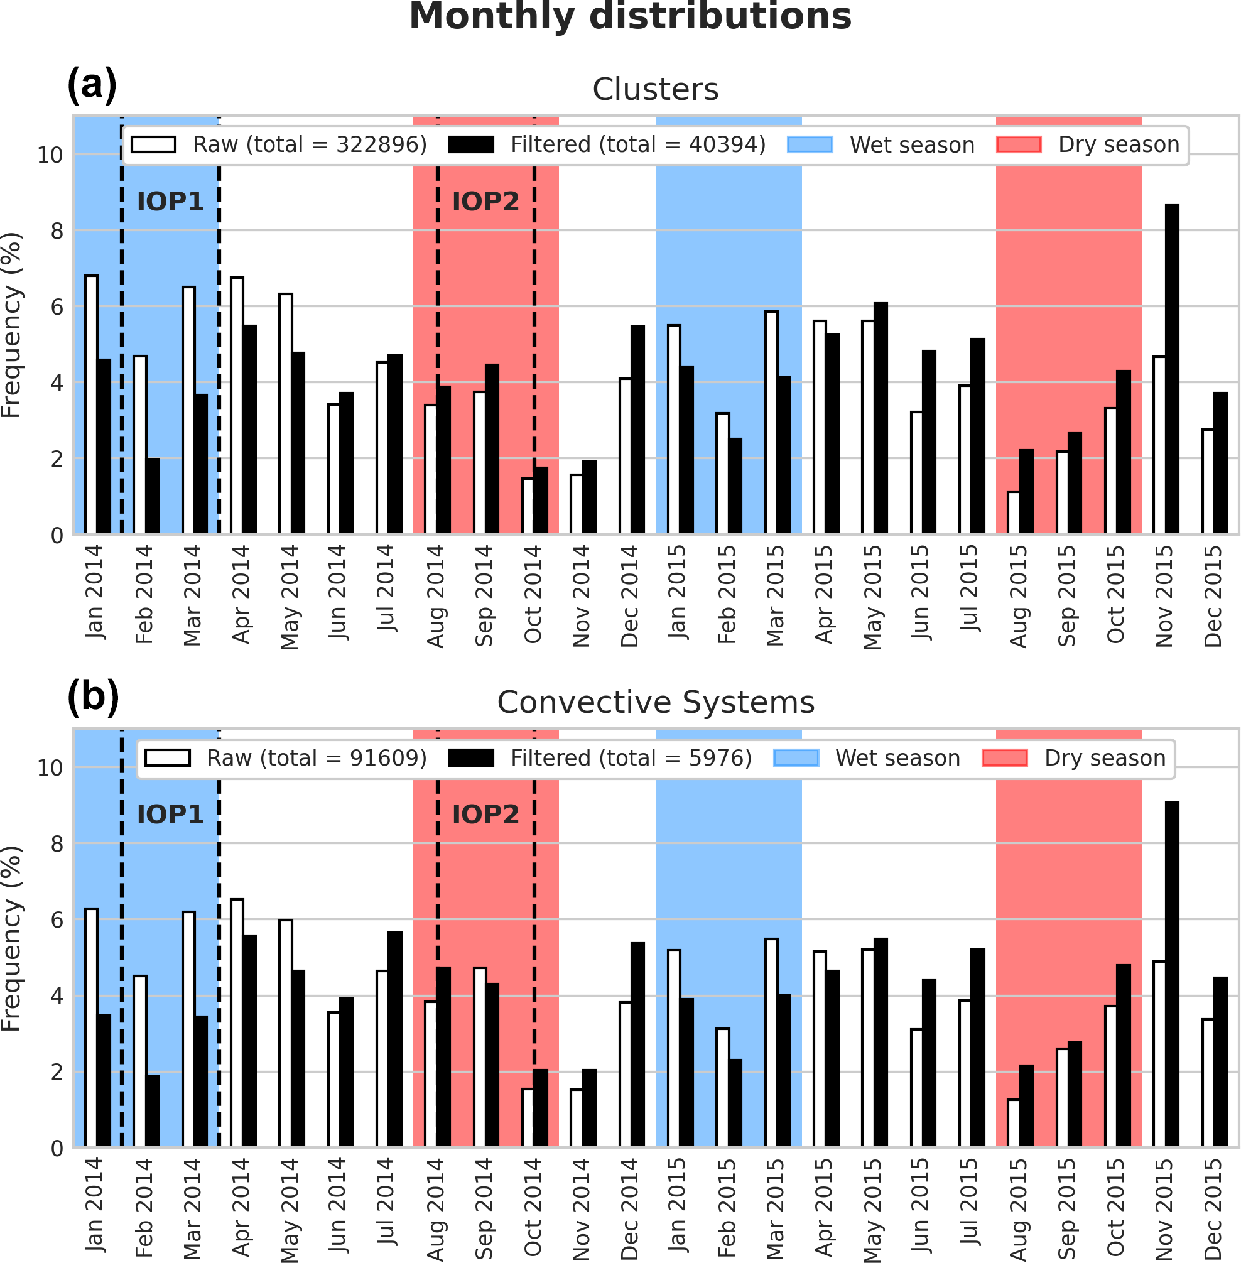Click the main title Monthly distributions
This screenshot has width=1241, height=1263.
pos(630,17)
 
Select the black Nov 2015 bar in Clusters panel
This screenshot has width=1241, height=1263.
pos(1172,369)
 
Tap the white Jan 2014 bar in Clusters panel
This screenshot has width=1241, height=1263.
pos(91,404)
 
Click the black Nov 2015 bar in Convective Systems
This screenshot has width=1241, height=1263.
pos(1172,974)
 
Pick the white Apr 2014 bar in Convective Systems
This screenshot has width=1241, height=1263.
pos(237,1023)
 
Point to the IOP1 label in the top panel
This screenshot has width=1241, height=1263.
pos(170,202)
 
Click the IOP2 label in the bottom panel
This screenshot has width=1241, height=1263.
pos(485,815)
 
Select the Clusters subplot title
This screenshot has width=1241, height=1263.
pos(655,89)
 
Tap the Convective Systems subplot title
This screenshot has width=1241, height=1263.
pos(655,703)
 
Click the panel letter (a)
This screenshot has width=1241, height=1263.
pos(92,85)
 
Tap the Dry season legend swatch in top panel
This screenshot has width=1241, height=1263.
pos(1019,144)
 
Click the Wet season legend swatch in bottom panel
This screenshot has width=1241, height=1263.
pos(796,758)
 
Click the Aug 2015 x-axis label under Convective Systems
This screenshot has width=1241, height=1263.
pos(1019,1209)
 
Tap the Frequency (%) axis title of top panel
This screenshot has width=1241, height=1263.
pos(12,325)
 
